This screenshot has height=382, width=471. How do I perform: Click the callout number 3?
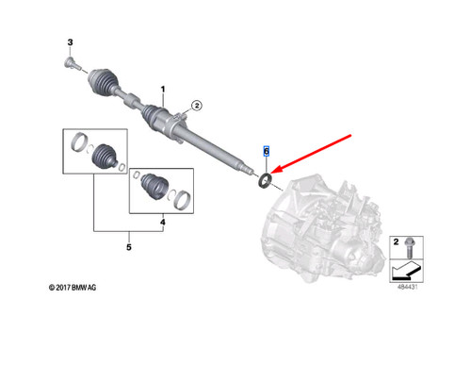point(70,42)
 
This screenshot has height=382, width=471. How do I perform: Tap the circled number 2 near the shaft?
point(197,105)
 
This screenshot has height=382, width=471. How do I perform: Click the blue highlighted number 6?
point(267,151)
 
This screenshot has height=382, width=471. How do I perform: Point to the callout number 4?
point(163,224)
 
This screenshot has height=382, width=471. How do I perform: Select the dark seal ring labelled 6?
point(267,178)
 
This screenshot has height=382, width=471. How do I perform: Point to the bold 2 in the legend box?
point(396,242)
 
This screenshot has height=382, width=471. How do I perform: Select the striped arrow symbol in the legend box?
point(405,273)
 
